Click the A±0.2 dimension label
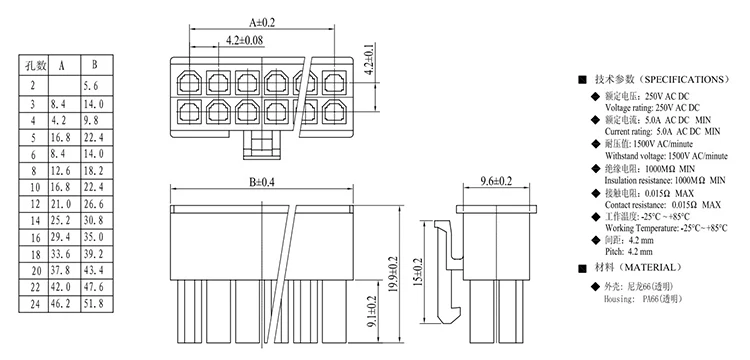pyautogui.click(x=262, y=22)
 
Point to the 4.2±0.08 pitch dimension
pyautogui.click(x=244, y=40)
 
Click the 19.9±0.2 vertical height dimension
pyautogui.click(x=393, y=275)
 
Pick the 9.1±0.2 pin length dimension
pyautogui.click(x=372, y=312)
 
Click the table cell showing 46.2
pyautogui.click(x=61, y=303)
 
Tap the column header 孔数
pyautogui.click(x=33, y=65)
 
